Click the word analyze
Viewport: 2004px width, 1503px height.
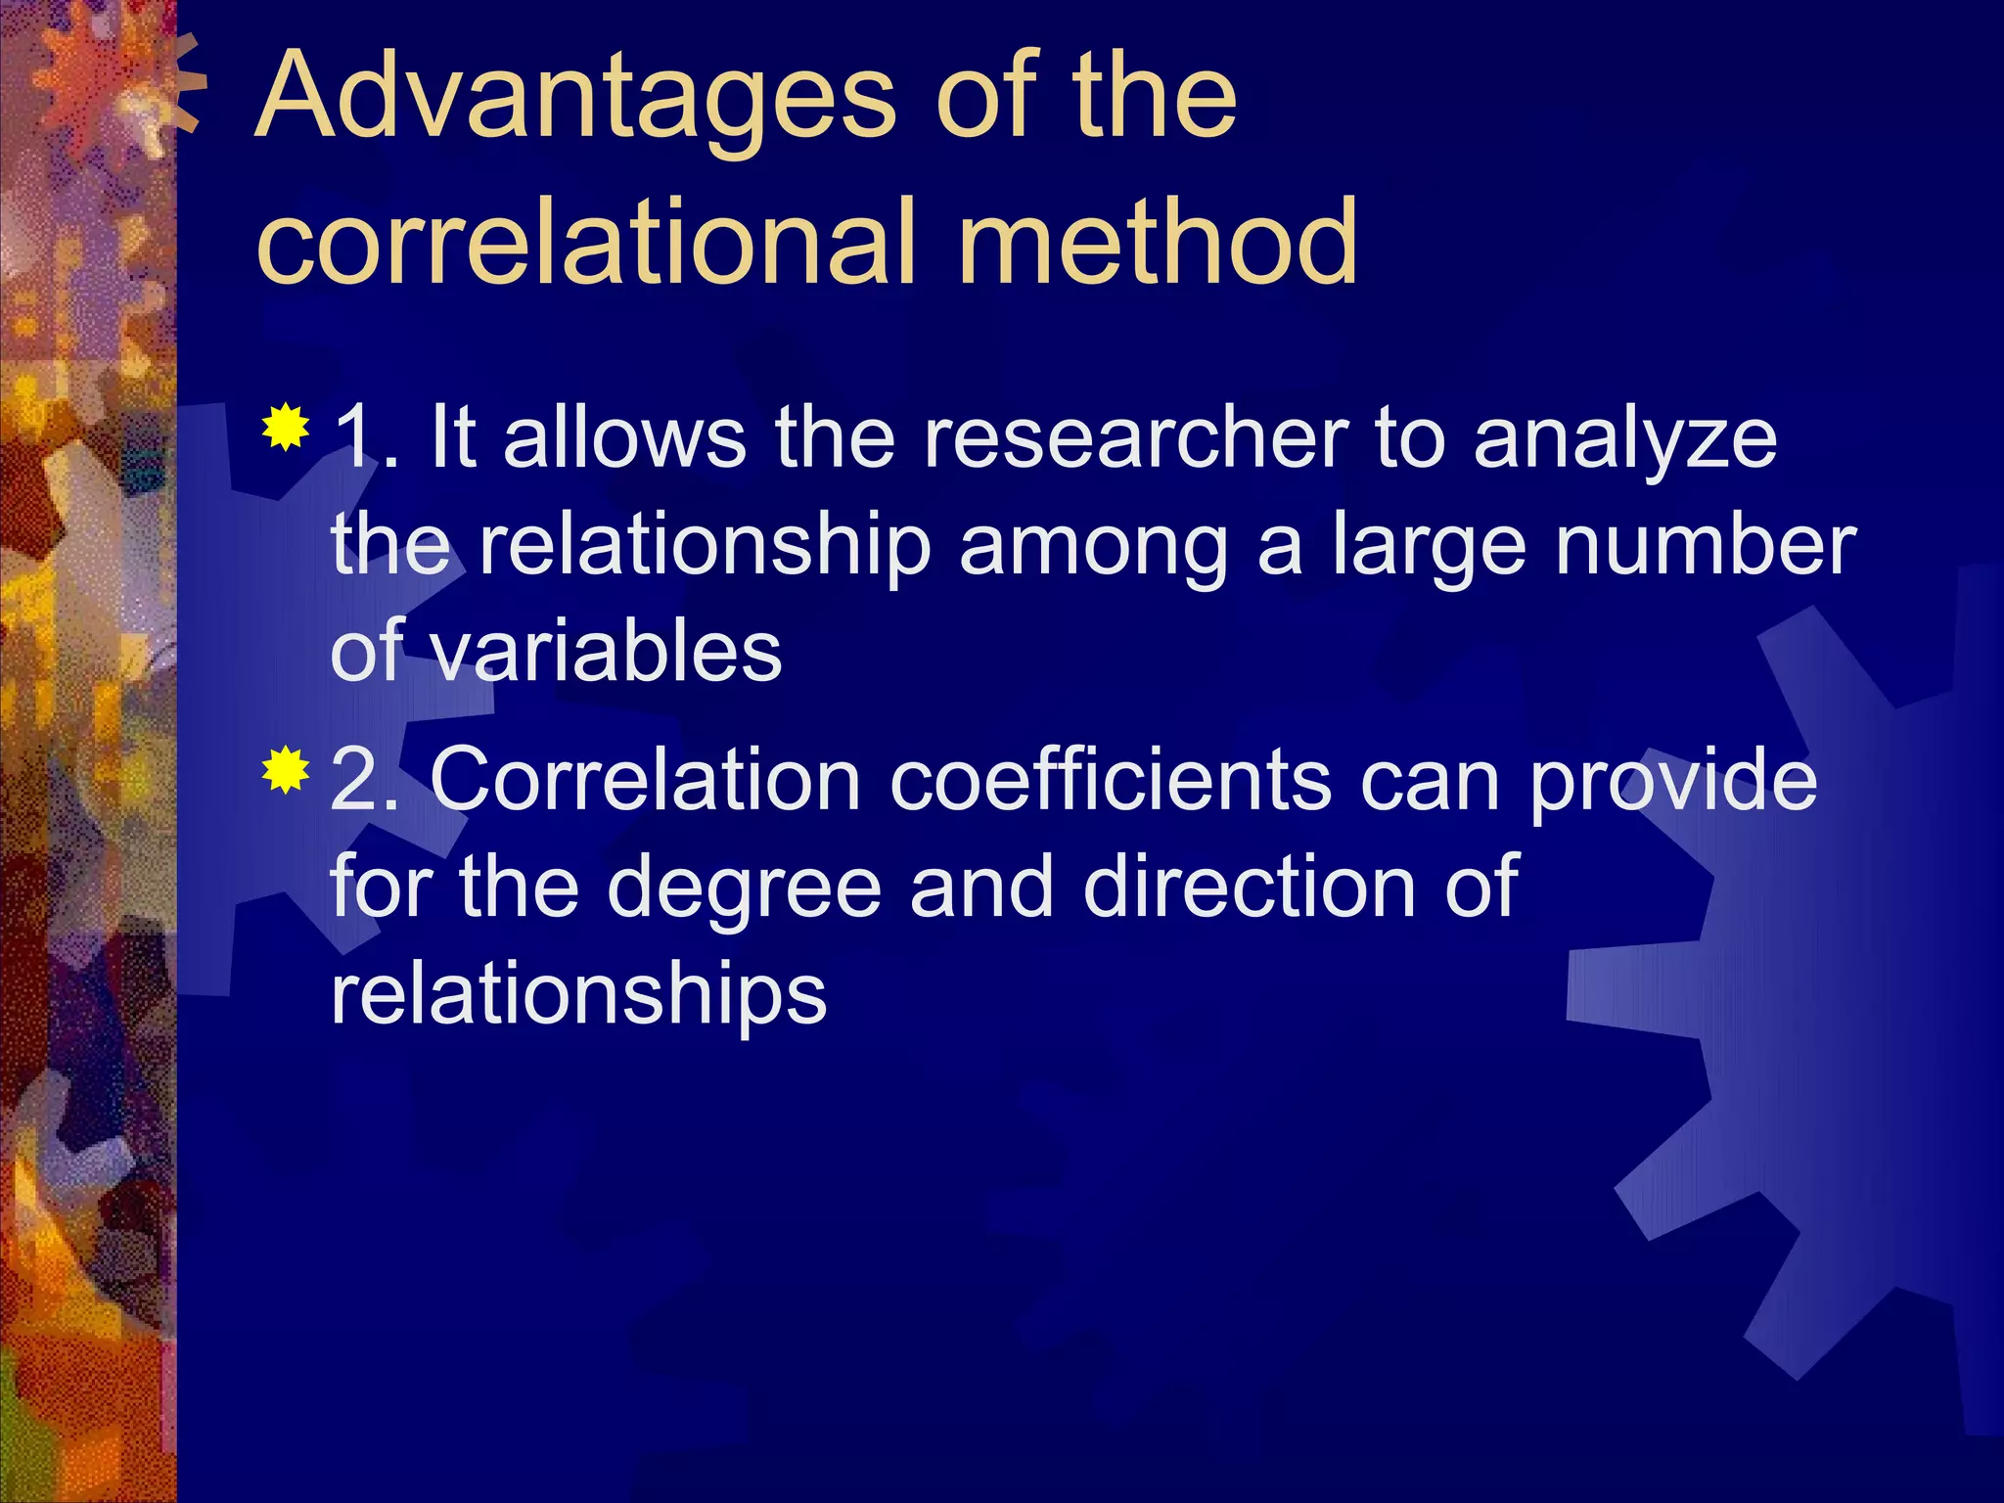1624,440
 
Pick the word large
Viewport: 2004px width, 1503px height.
1429,548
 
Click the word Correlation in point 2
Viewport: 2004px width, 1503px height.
645,780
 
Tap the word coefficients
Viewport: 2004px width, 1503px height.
1110,780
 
